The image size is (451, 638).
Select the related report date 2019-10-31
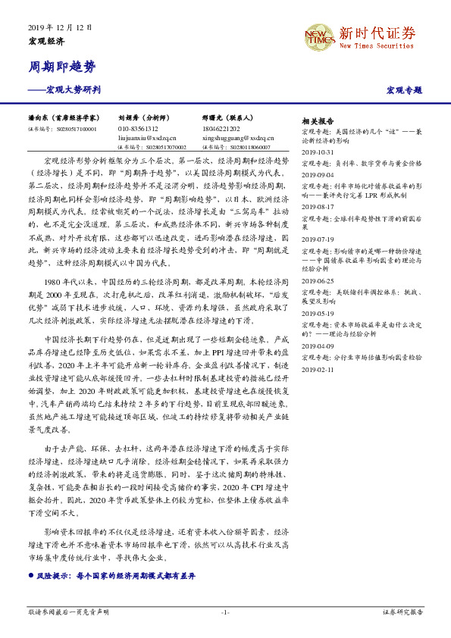317,152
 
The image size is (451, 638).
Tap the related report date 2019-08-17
317,206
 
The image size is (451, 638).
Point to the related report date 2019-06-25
317,280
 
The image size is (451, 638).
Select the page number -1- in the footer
225,611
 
